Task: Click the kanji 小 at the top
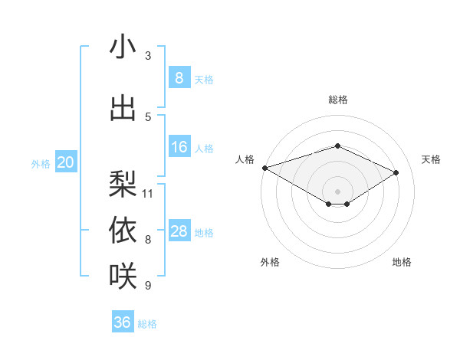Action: click(123, 47)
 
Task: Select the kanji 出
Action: click(123, 108)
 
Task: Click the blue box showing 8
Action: click(179, 78)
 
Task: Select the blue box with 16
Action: click(179, 147)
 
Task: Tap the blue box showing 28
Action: click(179, 231)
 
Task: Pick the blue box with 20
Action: click(66, 162)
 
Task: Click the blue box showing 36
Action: click(123, 322)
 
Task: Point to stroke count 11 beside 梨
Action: click(148, 193)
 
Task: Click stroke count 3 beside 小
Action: click(148, 56)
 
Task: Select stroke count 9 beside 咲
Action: click(148, 286)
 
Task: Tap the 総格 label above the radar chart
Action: click(337, 100)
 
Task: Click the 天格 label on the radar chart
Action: click(432, 159)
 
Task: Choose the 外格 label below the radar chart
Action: click(269, 262)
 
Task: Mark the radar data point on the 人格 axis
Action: click(264, 168)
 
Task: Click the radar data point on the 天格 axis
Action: click(396, 172)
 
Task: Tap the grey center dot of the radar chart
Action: click(337, 191)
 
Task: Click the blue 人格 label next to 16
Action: click(204, 149)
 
